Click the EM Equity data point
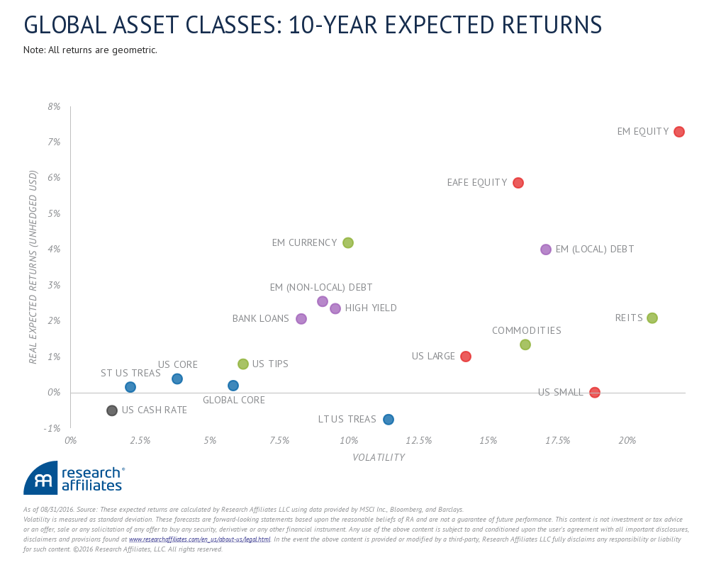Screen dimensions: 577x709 pyautogui.click(x=679, y=132)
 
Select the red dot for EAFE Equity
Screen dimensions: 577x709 pyautogui.click(x=518, y=183)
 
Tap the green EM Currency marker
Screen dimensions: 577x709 pyautogui.click(x=348, y=242)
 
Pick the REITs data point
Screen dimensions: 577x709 pyautogui.click(x=652, y=318)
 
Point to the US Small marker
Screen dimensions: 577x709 pyautogui.click(x=595, y=393)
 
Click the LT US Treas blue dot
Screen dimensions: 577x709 pyautogui.click(x=389, y=420)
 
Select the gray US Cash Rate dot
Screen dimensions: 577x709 pyautogui.click(x=112, y=410)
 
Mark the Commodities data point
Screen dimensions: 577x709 pyautogui.click(x=525, y=344)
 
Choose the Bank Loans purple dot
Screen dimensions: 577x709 pyautogui.click(x=301, y=319)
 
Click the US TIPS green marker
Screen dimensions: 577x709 pyautogui.click(x=243, y=364)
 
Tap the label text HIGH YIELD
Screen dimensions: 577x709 pyautogui.click(x=371, y=308)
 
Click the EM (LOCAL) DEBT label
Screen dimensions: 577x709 pyautogui.click(x=594, y=250)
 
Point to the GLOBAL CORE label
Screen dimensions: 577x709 pyautogui.click(x=234, y=400)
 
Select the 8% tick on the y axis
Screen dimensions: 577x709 pyautogui.click(x=54, y=107)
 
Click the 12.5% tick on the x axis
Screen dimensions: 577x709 pyautogui.click(x=418, y=441)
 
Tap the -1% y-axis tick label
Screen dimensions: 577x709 pyautogui.click(x=52, y=428)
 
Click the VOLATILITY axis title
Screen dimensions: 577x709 pyautogui.click(x=379, y=458)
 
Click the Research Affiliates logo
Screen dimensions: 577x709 pyautogui.click(x=74, y=478)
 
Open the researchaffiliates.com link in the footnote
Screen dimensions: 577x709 pyautogui.click(x=199, y=539)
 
